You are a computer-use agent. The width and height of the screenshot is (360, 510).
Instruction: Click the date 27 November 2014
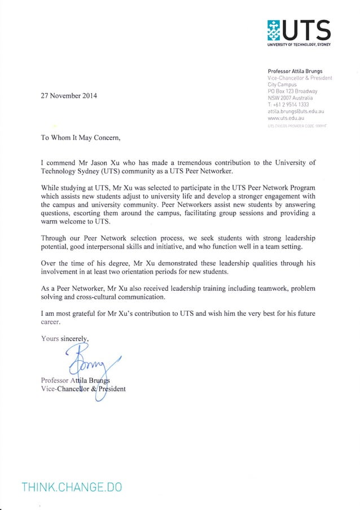(69, 95)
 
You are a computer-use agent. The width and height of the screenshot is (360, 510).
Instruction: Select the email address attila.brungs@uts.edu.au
(298, 112)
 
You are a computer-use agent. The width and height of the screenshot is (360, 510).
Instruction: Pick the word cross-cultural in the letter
(98, 297)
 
